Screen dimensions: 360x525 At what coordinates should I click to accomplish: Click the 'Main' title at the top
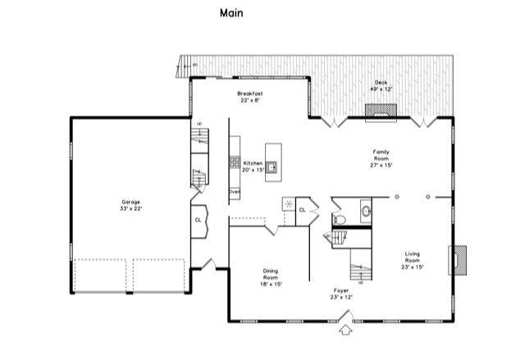coord(231,13)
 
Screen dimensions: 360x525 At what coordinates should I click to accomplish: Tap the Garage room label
coord(131,205)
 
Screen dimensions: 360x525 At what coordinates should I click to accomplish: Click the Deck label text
coord(381,86)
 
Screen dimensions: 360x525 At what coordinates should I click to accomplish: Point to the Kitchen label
coord(253,166)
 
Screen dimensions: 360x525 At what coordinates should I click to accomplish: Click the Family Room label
coord(381,157)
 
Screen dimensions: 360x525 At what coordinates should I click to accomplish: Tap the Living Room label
coord(412,262)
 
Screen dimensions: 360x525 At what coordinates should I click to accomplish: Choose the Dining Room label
coord(271,276)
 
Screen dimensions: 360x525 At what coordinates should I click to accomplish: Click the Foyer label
coord(341,293)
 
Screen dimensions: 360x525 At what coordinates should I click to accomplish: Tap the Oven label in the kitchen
coord(234,192)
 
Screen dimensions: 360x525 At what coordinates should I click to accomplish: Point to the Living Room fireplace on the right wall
coord(461,260)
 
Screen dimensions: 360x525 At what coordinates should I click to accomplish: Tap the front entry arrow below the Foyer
coord(346,330)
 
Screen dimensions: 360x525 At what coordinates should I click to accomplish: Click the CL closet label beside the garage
coord(198,220)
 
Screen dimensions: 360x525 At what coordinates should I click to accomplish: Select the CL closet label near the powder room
coord(302,210)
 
